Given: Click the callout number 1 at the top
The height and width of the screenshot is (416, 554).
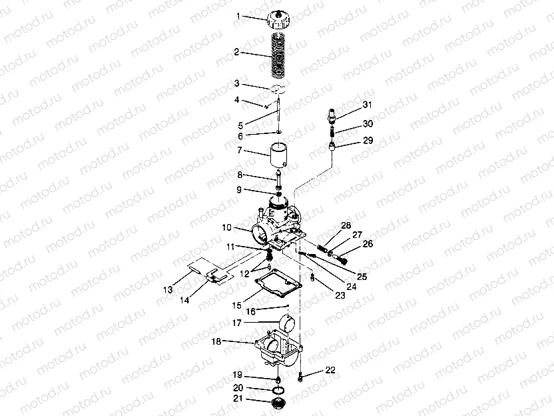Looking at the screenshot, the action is tap(238, 16).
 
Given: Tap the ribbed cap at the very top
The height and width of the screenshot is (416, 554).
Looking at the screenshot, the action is tap(279, 19).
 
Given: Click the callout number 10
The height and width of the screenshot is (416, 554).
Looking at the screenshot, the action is tap(226, 227).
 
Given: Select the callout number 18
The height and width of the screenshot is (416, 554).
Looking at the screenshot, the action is tap(216, 341).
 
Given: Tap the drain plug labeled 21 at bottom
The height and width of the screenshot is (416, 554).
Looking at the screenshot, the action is tap(278, 403).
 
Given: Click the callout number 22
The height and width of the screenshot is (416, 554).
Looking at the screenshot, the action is tap(330, 370).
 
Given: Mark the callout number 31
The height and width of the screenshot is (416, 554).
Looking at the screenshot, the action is tap(368, 105).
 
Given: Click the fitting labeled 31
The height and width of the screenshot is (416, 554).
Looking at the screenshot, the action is tap(331, 116).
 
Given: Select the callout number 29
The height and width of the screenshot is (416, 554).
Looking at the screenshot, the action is tap(368, 141).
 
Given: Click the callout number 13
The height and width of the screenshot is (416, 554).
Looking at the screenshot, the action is tap(168, 290).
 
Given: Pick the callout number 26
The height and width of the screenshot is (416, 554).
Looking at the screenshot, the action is tap(368, 244).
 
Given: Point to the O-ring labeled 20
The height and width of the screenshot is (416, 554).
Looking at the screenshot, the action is tap(279, 390).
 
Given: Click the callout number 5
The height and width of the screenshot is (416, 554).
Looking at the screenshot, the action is tap(240, 125).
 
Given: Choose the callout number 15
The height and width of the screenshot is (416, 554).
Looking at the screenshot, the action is tap(237, 305).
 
